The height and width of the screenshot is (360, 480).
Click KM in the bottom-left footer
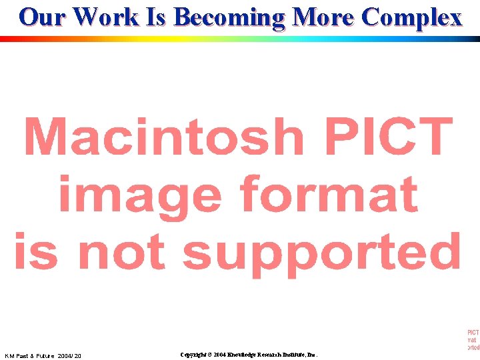point(10,356)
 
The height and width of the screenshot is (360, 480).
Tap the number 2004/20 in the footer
point(69,356)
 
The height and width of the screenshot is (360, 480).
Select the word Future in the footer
point(44,356)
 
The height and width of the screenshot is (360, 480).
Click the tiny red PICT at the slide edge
point(473,331)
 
